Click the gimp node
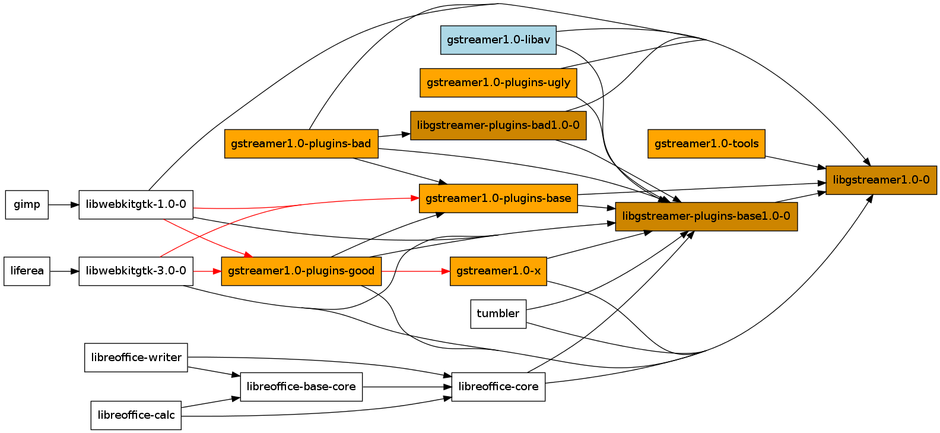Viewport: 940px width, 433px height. click(27, 204)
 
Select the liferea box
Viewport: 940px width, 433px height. click(27, 271)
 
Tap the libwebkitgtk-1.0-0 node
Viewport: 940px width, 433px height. click(136, 204)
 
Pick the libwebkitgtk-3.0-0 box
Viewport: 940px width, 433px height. click(136, 271)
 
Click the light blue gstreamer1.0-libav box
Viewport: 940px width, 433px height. click(498, 40)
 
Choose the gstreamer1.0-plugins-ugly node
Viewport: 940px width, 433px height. click(498, 83)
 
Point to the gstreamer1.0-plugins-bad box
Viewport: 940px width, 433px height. click(301, 144)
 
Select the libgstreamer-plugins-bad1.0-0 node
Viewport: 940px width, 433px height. click(498, 125)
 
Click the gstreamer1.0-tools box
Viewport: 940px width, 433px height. click(706, 144)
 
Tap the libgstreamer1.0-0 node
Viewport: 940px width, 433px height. click(881, 180)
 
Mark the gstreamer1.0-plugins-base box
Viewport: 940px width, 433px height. click(498, 198)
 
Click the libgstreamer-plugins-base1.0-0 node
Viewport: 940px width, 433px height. click(706, 216)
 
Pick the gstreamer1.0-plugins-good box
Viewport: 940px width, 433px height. click(301, 271)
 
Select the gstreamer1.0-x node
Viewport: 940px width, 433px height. click(498, 271)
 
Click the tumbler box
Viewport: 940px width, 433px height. click(498, 314)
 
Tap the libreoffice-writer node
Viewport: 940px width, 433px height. click(136, 358)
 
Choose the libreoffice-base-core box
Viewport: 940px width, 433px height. click(301, 387)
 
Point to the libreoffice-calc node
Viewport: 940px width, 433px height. click(136, 415)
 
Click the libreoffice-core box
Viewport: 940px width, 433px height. click(498, 387)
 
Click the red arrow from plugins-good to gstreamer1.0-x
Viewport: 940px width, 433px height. click(415, 271)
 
